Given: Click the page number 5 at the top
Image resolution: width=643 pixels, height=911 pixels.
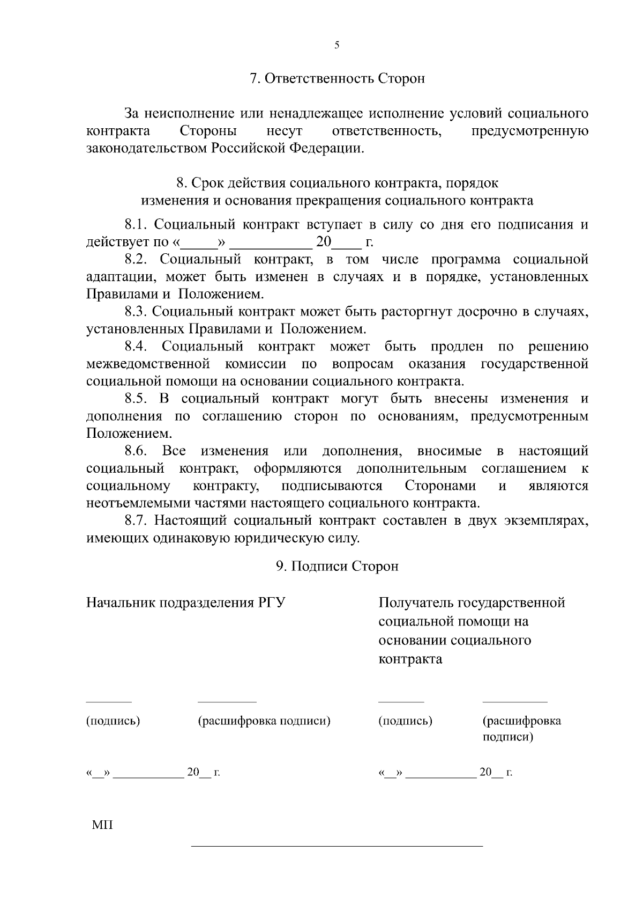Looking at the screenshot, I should pos(337,46).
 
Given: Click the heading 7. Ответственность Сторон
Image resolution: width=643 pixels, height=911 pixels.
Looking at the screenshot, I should pos(337,78).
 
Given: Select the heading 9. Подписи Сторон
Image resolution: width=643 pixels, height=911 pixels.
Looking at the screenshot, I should pos(337,567).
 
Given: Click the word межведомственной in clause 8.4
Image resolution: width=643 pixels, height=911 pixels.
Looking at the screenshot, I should pos(148,364).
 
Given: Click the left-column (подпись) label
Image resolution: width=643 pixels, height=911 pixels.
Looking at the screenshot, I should pos(113,721).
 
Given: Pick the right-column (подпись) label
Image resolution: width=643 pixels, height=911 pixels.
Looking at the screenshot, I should pos(405,721).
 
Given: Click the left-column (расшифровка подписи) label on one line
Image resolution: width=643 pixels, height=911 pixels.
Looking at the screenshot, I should pos(264,721).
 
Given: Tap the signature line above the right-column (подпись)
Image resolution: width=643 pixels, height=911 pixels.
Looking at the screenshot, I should pos(401,701).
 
